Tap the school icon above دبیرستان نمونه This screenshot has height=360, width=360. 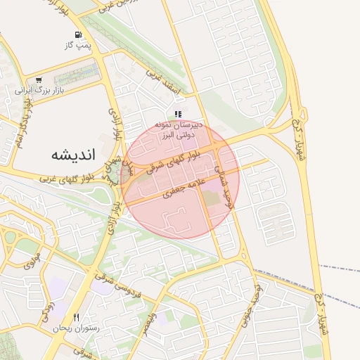point(178,113)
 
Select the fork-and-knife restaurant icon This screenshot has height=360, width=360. point(76,317)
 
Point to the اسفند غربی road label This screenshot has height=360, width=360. point(165,83)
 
